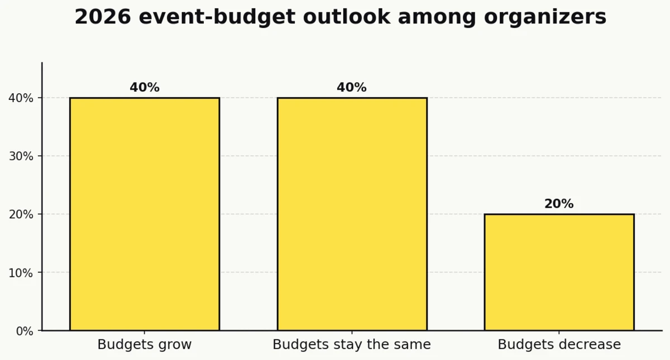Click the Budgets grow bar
(145, 214)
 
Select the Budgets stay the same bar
(352, 214)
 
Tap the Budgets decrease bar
(559, 272)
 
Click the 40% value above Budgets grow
(145, 88)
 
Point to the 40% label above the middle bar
(352, 88)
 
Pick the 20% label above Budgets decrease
(559, 204)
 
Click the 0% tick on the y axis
(25, 331)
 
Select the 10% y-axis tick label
(21, 273)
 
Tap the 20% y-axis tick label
(21, 214)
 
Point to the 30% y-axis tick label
(21, 156)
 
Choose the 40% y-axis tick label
(21, 98)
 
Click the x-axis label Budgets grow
(145, 345)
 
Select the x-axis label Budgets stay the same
(352, 345)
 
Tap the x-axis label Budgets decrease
(559, 345)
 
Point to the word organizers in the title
(545, 17)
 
